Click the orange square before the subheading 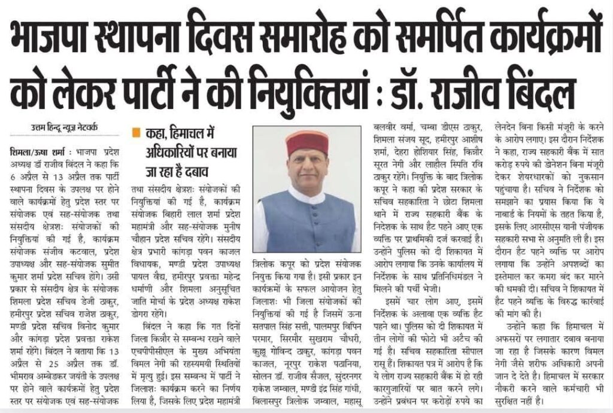click(x=136, y=130)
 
